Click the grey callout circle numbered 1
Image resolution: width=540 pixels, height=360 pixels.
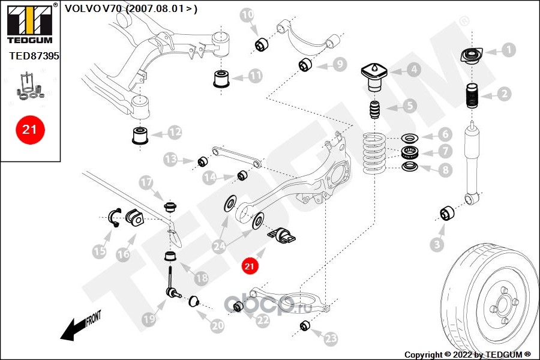click(x=508, y=50)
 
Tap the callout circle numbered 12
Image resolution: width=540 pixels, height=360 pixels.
click(x=175, y=131)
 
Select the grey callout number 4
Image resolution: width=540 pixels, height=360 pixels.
click(x=414, y=70)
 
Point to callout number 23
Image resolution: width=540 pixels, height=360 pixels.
click(x=331, y=339)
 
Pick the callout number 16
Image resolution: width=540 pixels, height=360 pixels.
click(x=123, y=254)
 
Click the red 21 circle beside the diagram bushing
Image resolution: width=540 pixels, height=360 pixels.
click(x=249, y=265)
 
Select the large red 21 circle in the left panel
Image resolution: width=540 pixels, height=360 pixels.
click(x=29, y=128)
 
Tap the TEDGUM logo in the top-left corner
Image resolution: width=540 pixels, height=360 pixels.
click(x=29, y=22)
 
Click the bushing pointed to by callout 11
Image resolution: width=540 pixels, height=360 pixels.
click(x=222, y=78)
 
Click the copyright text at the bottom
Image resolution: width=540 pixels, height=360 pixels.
click(x=467, y=355)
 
